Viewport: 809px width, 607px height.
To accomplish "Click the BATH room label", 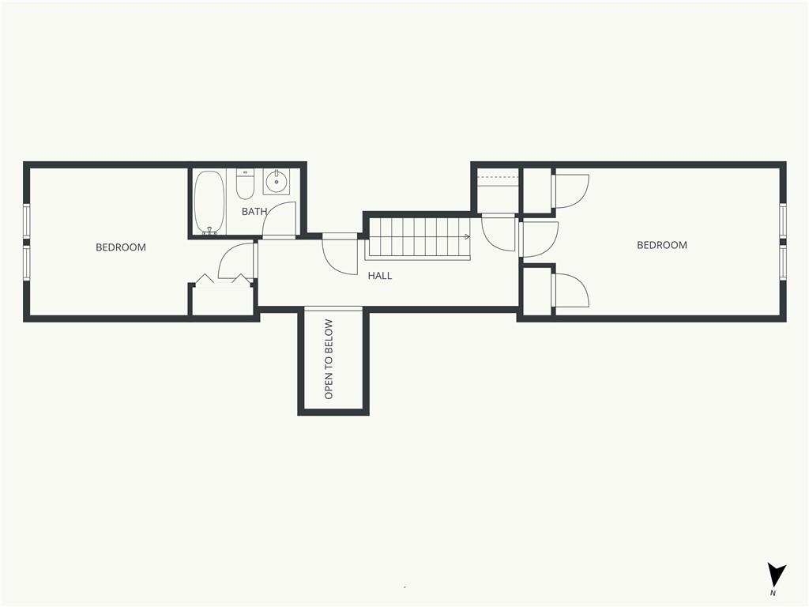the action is (254, 211).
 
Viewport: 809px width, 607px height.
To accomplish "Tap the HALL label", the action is (380, 276).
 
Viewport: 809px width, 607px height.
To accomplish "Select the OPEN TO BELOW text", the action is (329, 360).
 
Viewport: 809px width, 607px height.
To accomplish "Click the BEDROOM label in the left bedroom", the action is (121, 247).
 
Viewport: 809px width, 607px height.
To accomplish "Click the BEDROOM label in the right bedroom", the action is (662, 245).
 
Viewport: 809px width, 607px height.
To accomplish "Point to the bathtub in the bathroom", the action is (209, 202).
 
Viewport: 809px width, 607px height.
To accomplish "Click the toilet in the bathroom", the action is (245, 183).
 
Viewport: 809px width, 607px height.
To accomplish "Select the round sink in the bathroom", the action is (277, 181).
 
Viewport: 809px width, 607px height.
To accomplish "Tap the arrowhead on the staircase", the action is (467, 237).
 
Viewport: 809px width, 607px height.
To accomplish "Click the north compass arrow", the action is (776, 575).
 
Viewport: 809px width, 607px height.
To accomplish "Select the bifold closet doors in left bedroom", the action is (223, 279).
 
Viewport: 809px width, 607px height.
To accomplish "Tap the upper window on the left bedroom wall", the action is (27, 221).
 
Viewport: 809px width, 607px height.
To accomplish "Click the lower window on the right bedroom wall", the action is (783, 262).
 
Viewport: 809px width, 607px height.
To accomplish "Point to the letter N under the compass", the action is (773, 594).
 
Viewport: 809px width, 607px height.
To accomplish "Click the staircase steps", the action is (419, 237).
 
